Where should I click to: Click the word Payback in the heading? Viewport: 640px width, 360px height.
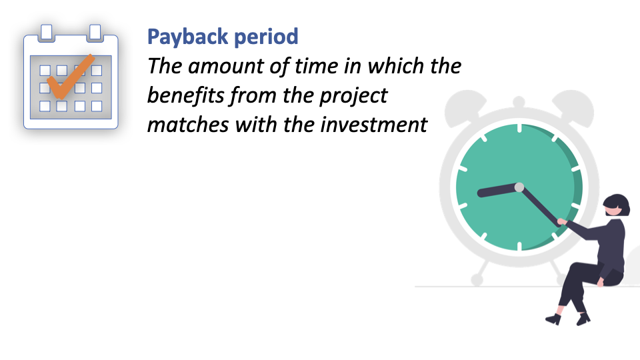[x=188, y=37]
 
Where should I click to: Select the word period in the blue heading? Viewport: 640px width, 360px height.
[x=267, y=37]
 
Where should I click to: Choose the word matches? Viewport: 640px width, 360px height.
[x=188, y=125]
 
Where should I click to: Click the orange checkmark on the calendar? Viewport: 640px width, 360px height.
[x=70, y=77]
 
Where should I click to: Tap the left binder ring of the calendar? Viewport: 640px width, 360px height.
[x=47, y=33]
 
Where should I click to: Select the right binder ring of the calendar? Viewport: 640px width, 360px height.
[x=95, y=33]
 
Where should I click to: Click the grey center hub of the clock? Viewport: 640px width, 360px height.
[x=519, y=187]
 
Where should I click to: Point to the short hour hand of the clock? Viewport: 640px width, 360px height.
[x=498, y=191]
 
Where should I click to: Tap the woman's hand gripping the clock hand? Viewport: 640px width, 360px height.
[x=562, y=221]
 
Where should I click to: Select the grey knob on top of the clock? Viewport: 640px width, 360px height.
[x=519, y=101]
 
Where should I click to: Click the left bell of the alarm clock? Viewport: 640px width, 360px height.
[x=465, y=107]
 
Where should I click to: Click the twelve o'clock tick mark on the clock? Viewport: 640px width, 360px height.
[x=519, y=129]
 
